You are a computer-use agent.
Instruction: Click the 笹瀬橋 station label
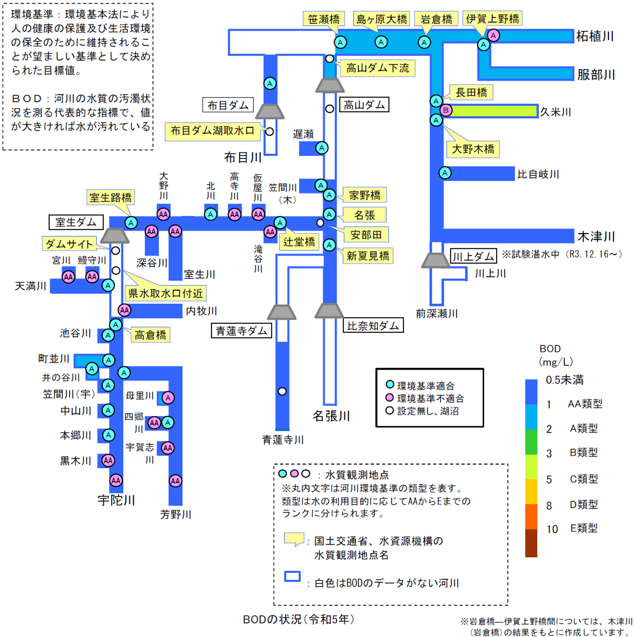323,19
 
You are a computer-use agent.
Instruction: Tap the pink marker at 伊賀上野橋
493,35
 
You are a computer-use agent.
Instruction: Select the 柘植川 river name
595,36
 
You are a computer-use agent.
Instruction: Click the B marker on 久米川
446,110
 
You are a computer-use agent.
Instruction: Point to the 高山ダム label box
364,105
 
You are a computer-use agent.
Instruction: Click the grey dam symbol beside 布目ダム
270,111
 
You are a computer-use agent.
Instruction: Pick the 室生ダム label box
76,222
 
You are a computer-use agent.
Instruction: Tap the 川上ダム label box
473,256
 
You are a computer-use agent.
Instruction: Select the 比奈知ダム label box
373,326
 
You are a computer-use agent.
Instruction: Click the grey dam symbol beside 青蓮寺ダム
282,312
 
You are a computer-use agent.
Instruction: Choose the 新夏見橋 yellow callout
368,256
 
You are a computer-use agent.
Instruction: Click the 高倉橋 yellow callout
150,335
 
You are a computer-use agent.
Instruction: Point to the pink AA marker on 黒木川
108,461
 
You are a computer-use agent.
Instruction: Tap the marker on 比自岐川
445,173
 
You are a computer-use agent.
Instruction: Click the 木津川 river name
596,236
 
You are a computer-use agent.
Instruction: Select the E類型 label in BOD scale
584,528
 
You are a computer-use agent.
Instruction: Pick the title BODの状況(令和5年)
299,619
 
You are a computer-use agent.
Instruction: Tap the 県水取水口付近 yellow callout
165,293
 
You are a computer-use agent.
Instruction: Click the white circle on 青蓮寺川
282,391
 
